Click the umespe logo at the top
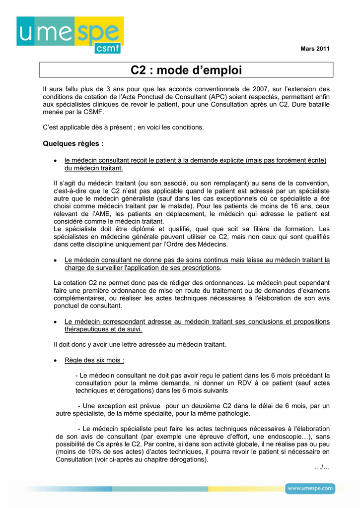(x=70, y=35)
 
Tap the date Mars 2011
(x=315, y=48)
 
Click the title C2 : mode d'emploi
(x=186, y=70)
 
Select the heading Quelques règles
(x=73, y=144)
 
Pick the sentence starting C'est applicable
(x=123, y=127)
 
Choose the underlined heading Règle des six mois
(x=94, y=360)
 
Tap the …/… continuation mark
(x=322, y=467)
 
